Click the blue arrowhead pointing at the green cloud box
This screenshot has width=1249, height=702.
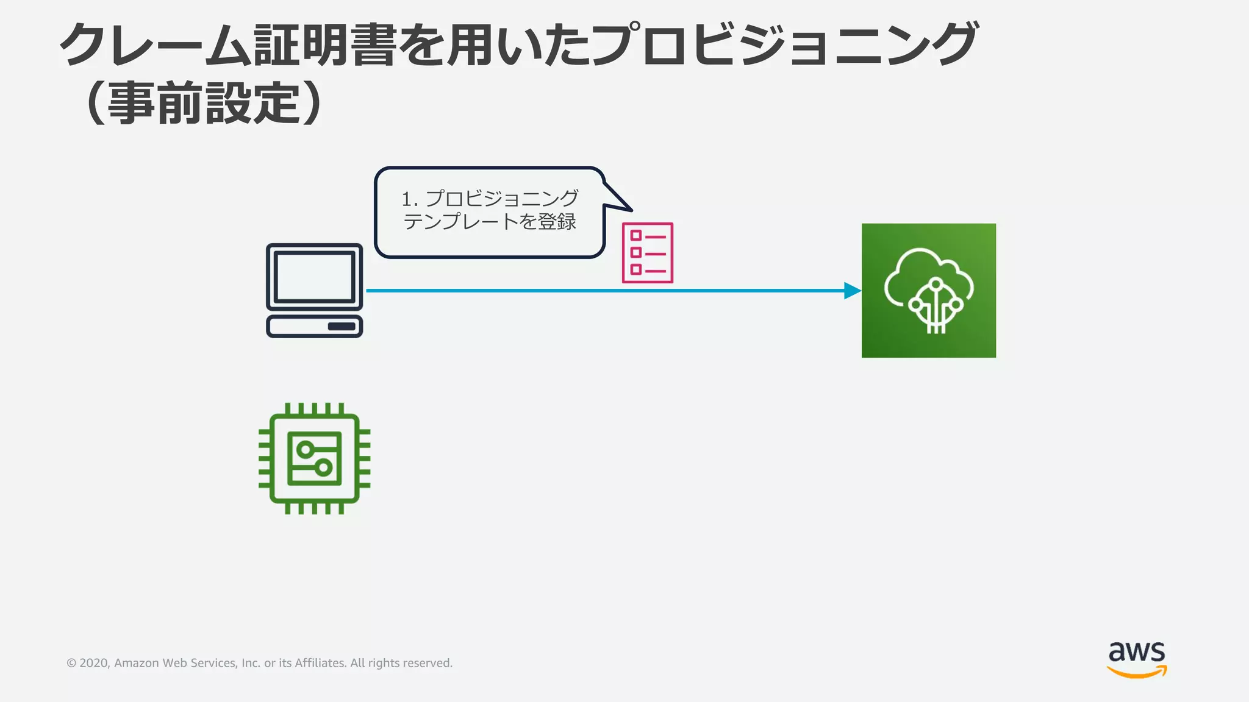(x=852, y=291)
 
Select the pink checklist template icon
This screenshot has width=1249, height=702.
(x=648, y=253)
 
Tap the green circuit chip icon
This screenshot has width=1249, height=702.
(x=314, y=458)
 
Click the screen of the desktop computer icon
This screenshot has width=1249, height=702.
(x=314, y=277)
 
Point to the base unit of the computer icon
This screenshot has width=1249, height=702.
(x=314, y=326)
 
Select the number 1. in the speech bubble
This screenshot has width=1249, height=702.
(x=409, y=199)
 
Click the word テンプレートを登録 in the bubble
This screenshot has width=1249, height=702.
(x=490, y=222)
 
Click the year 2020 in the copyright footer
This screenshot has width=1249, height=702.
(x=94, y=663)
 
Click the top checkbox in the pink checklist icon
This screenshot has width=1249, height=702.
(x=635, y=236)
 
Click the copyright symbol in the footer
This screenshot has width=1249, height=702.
(x=71, y=663)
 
